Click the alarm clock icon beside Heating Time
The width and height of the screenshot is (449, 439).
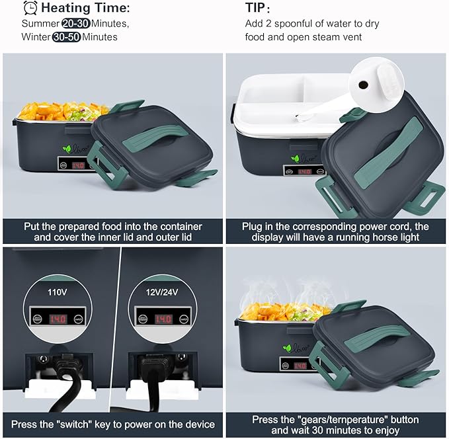click(x=30, y=8)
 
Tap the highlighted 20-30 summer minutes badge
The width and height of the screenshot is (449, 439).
click(x=76, y=24)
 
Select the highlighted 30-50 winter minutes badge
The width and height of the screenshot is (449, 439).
click(x=66, y=37)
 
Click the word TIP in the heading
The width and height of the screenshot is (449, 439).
click(x=255, y=8)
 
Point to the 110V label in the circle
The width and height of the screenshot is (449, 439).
click(x=58, y=292)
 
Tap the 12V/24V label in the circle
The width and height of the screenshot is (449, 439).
click(x=162, y=292)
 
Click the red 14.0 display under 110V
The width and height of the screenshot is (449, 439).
click(x=58, y=319)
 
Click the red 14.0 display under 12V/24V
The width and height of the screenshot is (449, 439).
click(x=163, y=319)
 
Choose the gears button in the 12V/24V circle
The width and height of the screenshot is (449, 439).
click(x=143, y=319)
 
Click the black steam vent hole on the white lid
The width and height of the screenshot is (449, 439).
click(x=364, y=85)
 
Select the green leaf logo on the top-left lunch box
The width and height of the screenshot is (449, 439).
click(x=67, y=149)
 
